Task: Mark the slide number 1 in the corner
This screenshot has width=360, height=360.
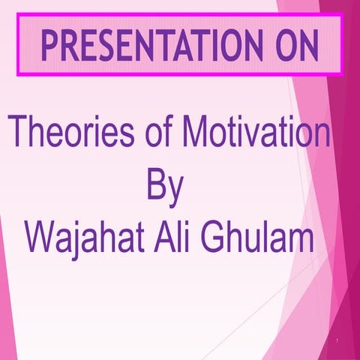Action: point(339,341)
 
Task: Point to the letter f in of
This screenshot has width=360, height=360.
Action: point(167,136)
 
